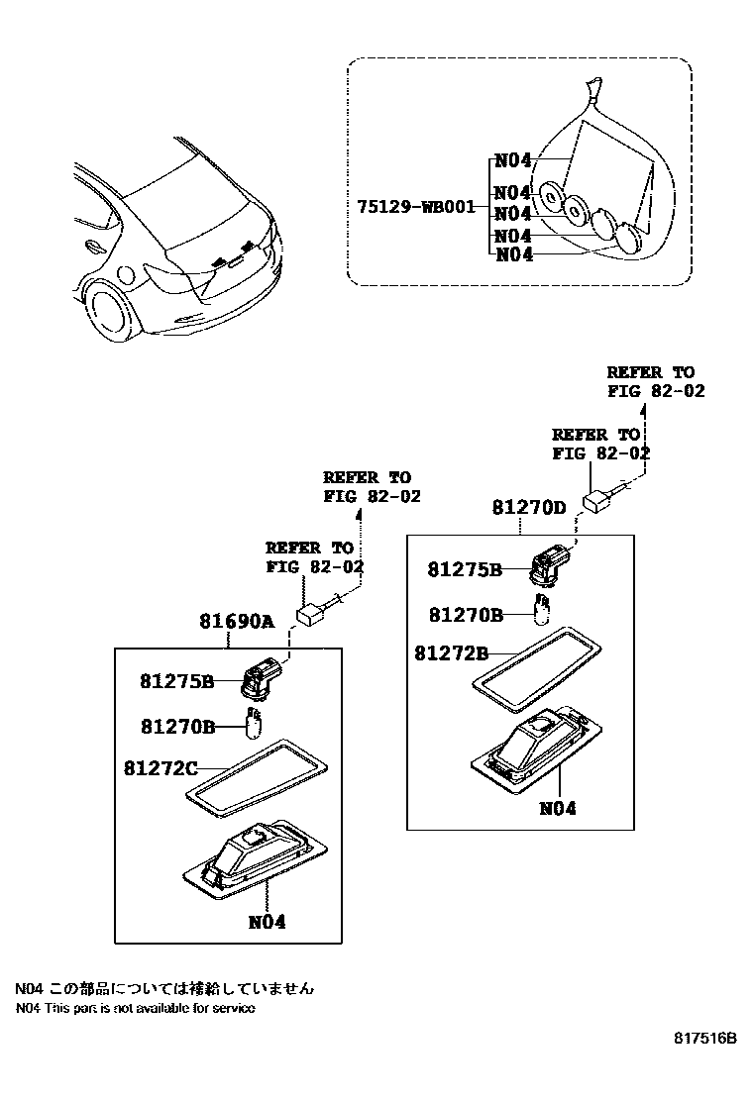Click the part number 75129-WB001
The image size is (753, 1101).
tap(415, 207)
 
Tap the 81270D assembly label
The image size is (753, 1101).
tap(529, 508)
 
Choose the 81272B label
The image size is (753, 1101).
tap(452, 653)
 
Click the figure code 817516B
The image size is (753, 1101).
tap(705, 1039)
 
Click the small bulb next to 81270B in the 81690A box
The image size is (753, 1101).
tap(253, 726)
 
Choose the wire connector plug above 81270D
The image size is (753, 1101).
tap(599, 500)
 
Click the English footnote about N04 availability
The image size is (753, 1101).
tap(135, 1008)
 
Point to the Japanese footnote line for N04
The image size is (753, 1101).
tap(163, 987)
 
